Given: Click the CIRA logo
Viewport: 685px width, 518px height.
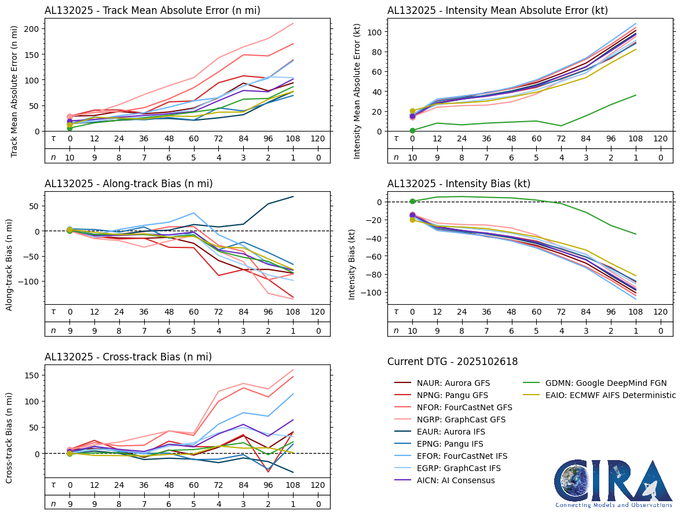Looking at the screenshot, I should [x=613, y=483].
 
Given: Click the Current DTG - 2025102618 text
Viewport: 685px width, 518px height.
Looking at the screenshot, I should [x=452, y=362].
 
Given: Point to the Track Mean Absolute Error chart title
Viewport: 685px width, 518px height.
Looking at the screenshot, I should [x=152, y=10].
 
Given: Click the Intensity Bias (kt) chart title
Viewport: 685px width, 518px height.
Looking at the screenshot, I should [x=459, y=184].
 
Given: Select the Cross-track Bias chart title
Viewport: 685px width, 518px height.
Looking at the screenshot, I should [x=128, y=357].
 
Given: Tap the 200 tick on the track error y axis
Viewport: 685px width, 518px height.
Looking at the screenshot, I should [x=32, y=29].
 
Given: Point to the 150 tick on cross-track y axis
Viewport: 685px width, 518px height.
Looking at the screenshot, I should [x=32, y=375].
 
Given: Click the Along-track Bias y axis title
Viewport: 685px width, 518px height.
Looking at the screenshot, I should [x=10, y=264].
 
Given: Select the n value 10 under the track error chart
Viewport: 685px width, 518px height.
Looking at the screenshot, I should [x=69, y=156].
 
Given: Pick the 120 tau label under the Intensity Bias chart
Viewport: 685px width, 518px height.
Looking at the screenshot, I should [x=660, y=312].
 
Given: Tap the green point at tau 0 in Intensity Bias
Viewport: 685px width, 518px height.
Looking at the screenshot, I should [x=412, y=201].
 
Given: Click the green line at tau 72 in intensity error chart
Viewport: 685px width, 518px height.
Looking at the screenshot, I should [x=561, y=126].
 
